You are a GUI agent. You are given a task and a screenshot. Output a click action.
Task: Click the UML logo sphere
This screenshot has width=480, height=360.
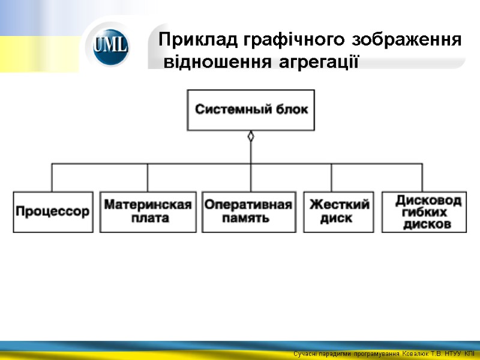click(x=111, y=46)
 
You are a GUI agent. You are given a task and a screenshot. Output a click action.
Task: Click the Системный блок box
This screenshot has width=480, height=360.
click(x=250, y=110)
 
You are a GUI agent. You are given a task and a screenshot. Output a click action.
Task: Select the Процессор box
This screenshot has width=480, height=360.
click(x=53, y=212)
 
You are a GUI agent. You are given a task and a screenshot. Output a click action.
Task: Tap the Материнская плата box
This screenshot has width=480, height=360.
click(x=148, y=212)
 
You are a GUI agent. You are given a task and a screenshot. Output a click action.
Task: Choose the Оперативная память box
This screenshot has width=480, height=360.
click(x=248, y=212)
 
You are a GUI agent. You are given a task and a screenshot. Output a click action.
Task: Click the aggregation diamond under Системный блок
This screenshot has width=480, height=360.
click(x=251, y=136)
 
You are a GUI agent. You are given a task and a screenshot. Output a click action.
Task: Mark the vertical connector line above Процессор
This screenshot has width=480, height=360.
click(x=52, y=177)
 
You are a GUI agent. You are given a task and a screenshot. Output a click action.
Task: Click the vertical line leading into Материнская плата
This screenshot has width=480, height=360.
click(x=148, y=177)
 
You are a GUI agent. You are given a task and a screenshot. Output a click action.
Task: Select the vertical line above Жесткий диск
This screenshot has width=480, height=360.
click(x=332, y=177)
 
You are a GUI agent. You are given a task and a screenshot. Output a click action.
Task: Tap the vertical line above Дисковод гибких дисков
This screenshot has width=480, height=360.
click(x=422, y=177)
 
